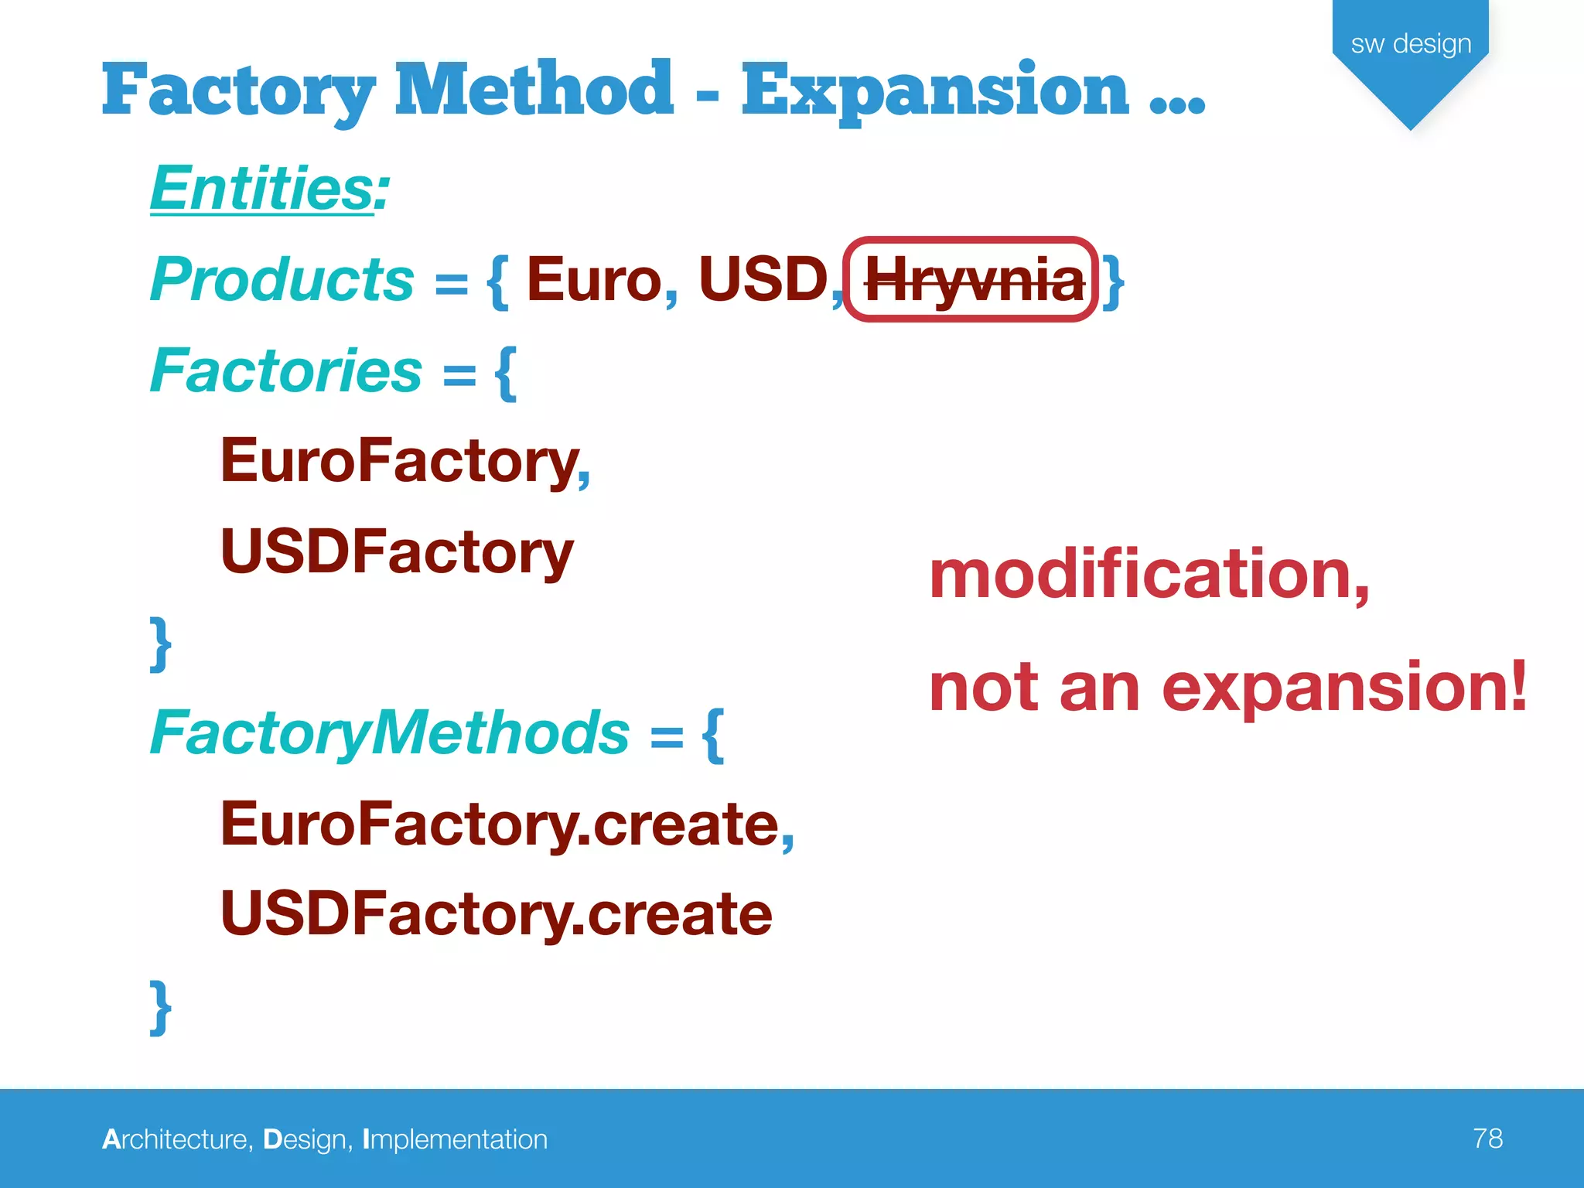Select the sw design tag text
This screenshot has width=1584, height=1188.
tap(1410, 44)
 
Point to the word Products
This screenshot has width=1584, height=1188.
tap(282, 279)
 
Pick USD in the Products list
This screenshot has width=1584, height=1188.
tap(763, 279)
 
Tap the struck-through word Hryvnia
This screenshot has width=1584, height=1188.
tap(973, 281)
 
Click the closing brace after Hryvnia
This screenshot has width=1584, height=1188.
tap(1113, 282)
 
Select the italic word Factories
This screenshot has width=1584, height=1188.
tap(285, 370)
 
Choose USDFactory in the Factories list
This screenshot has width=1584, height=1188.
tap(397, 552)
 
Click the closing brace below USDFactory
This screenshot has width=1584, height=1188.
tap(160, 643)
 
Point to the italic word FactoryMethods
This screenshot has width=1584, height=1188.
tap(390, 733)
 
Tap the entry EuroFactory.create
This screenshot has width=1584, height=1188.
tap(499, 824)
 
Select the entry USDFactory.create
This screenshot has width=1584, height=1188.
tap(496, 914)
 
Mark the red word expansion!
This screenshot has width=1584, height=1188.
tap(1344, 688)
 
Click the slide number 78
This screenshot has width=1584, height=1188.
tap(1487, 1138)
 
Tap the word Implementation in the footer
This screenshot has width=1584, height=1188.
tap(455, 1139)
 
